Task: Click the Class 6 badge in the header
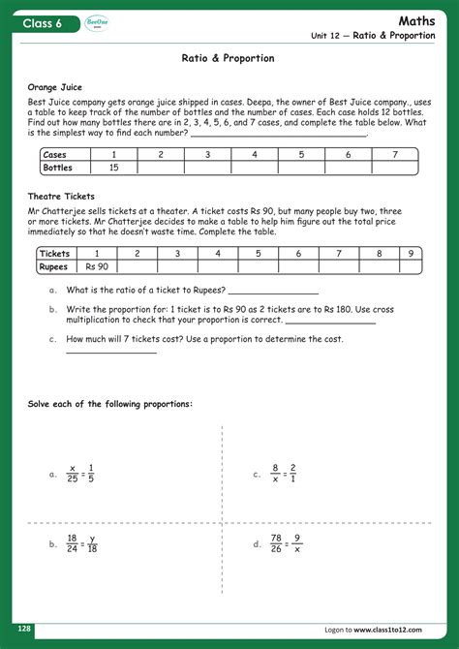click(x=43, y=22)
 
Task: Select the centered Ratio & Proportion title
click(x=229, y=58)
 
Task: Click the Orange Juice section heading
click(x=56, y=86)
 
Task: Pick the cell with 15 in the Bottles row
click(x=114, y=168)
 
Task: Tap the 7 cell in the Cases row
click(x=394, y=155)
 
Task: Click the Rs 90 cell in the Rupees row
click(x=97, y=266)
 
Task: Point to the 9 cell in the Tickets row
click(x=411, y=253)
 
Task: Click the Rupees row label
click(x=54, y=266)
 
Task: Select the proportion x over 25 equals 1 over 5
click(x=80, y=474)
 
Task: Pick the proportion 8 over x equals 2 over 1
click(x=284, y=474)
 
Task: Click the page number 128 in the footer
click(x=24, y=629)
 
